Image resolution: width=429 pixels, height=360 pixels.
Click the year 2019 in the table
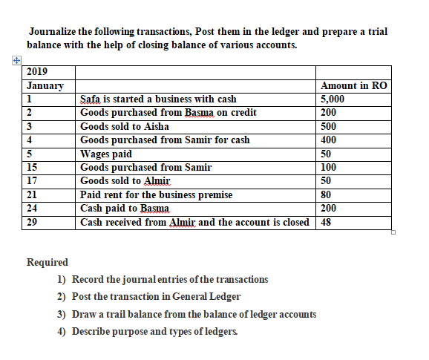point(37,72)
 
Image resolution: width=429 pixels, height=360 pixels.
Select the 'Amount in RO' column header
point(353,85)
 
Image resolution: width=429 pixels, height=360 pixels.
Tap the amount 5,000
point(333,99)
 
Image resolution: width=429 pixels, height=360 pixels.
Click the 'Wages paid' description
point(106,154)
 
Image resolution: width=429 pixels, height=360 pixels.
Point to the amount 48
point(327,222)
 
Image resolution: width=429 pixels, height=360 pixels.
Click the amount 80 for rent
point(327,194)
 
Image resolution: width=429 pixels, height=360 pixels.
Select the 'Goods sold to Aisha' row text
point(125,126)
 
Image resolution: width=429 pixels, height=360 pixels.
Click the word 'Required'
point(47,262)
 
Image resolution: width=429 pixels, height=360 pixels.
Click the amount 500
point(329,126)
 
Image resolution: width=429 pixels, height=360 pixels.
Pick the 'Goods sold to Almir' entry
point(125,181)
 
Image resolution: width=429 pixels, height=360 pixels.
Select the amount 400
point(329,140)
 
